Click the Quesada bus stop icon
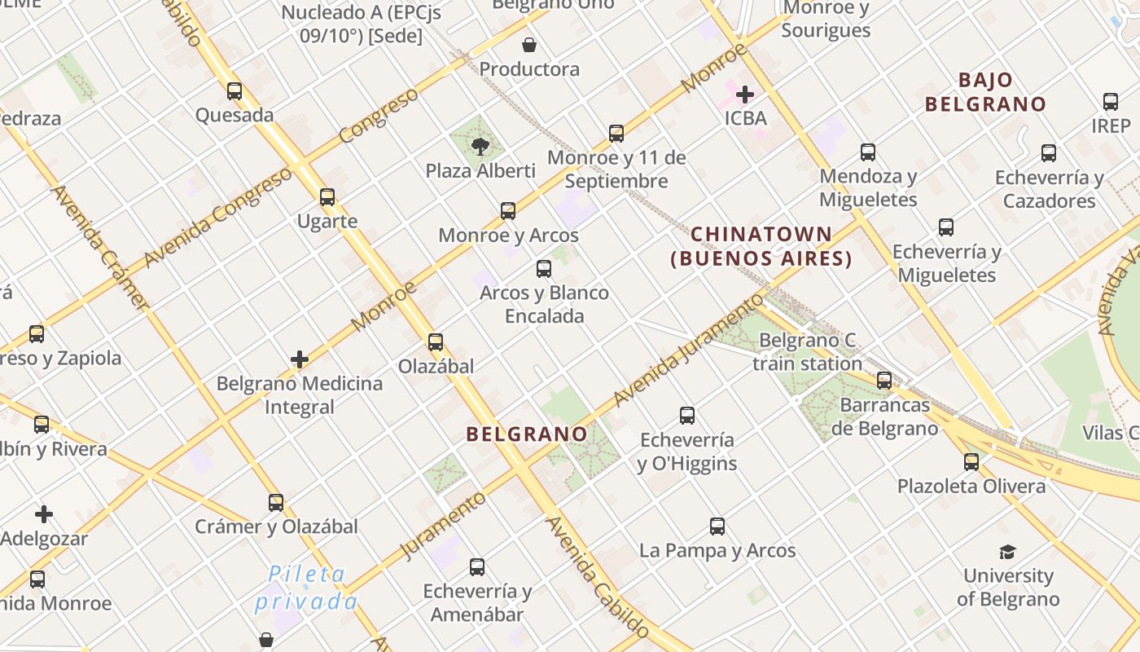[x=235, y=91]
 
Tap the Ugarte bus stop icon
[x=327, y=197]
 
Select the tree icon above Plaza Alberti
[x=480, y=147]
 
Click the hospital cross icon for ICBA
[x=744, y=95]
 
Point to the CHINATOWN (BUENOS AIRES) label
[x=761, y=246]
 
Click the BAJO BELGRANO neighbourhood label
[x=985, y=92]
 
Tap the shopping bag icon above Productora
[x=529, y=44]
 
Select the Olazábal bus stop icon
[x=436, y=342]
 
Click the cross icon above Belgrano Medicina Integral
[x=300, y=359]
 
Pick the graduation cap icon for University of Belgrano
[x=1008, y=552]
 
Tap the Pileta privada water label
[x=306, y=588]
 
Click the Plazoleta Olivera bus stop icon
[x=971, y=462]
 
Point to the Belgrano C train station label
[x=807, y=352]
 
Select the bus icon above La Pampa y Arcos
[x=717, y=526]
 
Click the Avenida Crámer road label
[x=100, y=248]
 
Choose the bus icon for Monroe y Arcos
[x=508, y=211]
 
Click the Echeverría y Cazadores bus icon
[x=1049, y=153]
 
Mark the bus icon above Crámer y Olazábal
[x=276, y=503]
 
